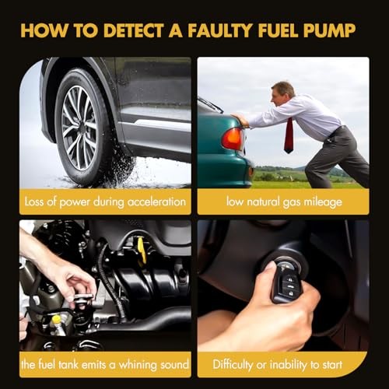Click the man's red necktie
pos(289,135)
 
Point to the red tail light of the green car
pos(232,138)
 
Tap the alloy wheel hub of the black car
pos(80,127)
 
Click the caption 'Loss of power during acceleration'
pos(105,203)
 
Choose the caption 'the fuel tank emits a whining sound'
pos(105,364)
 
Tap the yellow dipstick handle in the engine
pos(142,248)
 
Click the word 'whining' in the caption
pos(133,364)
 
